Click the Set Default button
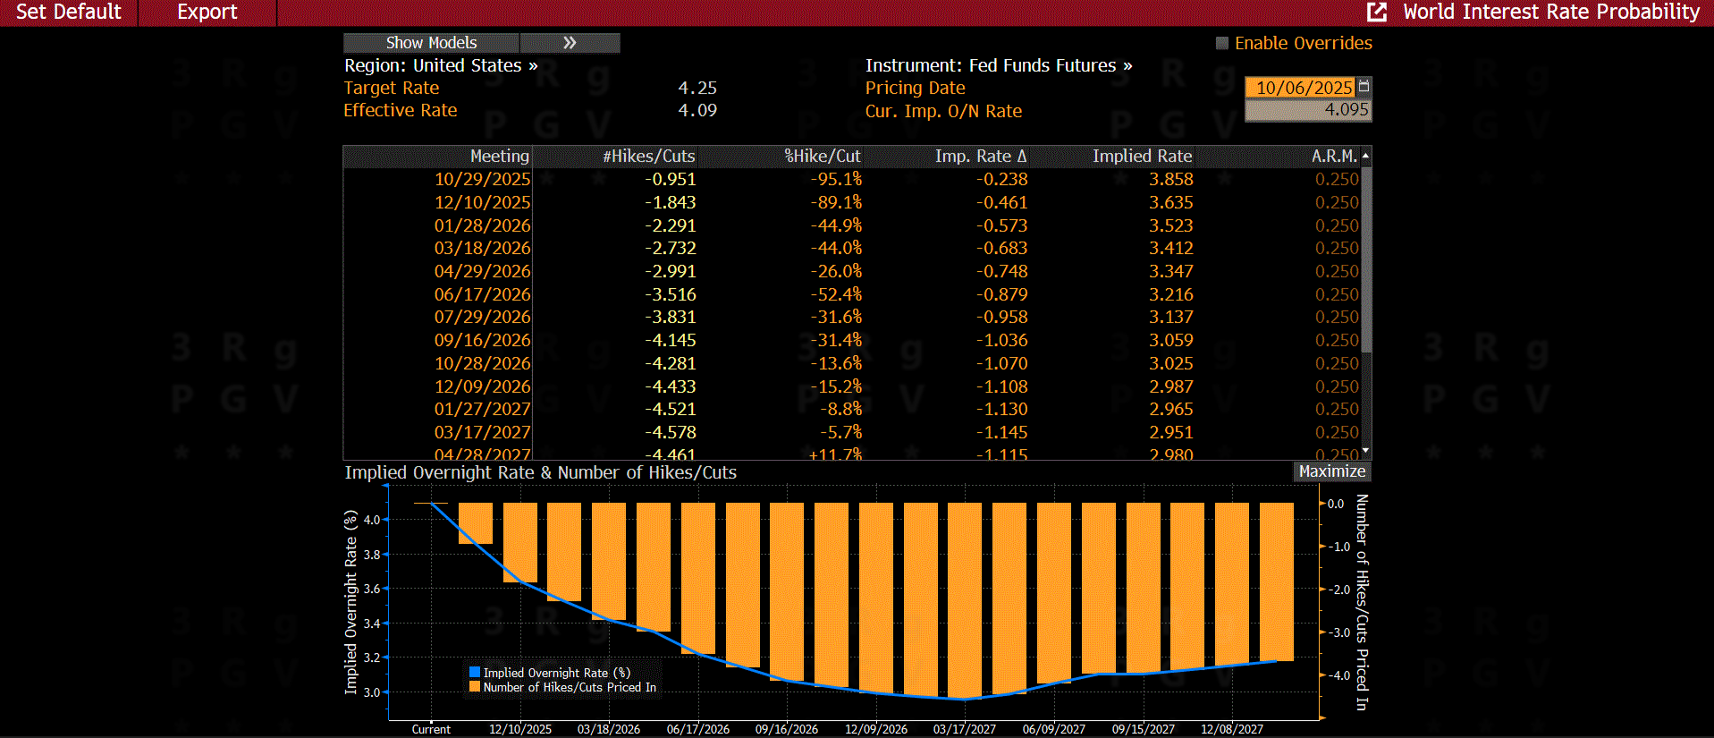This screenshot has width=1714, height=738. (x=68, y=12)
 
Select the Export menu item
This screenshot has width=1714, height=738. (x=207, y=12)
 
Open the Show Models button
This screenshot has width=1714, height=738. (x=431, y=43)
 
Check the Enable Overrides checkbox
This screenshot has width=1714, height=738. (x=1222, y=43)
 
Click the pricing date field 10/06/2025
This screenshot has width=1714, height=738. (x=1303, y=88)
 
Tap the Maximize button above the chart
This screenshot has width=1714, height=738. (x=1331, y=471)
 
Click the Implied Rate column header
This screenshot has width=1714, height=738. (x=1142, y=157)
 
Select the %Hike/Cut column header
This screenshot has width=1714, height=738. (x=822, y=157)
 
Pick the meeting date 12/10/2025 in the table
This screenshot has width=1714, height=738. (x=482, y=203)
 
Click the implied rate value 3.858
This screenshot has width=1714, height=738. (x=1170, y=180)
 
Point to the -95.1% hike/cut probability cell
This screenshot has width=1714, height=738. (x=836, y=180)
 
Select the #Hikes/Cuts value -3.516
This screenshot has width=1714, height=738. (x=671, y=294)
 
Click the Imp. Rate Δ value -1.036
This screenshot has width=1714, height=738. (x=1001, y=341)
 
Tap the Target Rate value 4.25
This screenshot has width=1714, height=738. (x=697, y=89)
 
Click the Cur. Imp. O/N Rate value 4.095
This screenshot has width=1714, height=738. (x=1346, y=110)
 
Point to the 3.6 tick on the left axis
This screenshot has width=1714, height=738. (x=372, y=589)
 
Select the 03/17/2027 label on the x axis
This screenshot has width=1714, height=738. (x=964, y=729)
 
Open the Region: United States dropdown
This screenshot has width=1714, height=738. (x=441, y=66)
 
